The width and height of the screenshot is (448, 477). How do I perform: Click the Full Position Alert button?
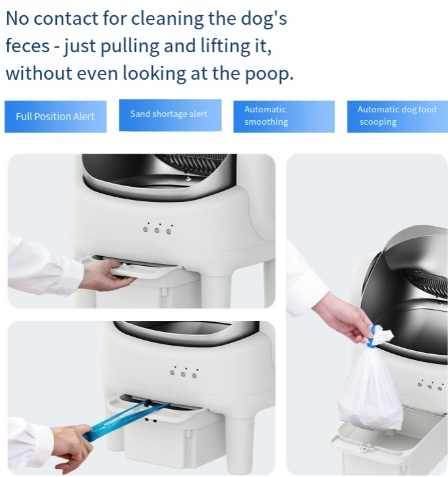pyautogui.click(x=56, y=116)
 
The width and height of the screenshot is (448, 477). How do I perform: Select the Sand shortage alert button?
pyautogui.click(x=170, y=115)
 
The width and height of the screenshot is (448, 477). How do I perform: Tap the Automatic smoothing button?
pyautogui.click(x=284, y=116)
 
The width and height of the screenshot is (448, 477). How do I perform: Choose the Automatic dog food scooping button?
pyautogui.click(x=398, y=116)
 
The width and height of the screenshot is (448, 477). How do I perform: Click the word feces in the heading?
pyautogui.click(x=27, y=46)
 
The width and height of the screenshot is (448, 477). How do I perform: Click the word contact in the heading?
pyautogui.click(x=66, y=18)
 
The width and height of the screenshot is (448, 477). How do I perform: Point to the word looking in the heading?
pyautogui.click(x=155, y=74)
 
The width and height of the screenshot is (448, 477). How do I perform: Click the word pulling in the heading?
pyautogui.click(x=130, y=46)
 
